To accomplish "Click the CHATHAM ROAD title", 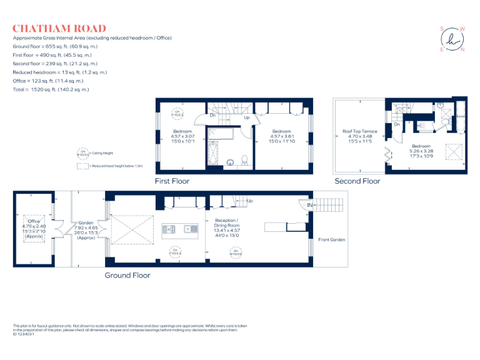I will [x=59, y=28].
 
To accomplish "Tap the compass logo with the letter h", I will [x=452, y=39].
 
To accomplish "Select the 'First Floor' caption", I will [x=172, y=181].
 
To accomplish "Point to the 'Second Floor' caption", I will [x=357, y=181].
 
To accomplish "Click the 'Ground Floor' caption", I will [x=127, y=275].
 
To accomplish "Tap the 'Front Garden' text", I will [x=331, y=239].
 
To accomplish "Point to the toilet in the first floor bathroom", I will [x=245, y=159].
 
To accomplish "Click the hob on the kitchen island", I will [x=169, y=229].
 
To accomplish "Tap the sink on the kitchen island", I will [x=187, y=229].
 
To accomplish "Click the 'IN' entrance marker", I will [x=309, y=204].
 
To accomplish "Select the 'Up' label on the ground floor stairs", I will [x=249, y=201].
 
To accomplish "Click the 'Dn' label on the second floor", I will [x=397, y=124].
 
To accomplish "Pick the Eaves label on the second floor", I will [x=461, y=116].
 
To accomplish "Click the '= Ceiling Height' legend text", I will [x=101, y=153].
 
